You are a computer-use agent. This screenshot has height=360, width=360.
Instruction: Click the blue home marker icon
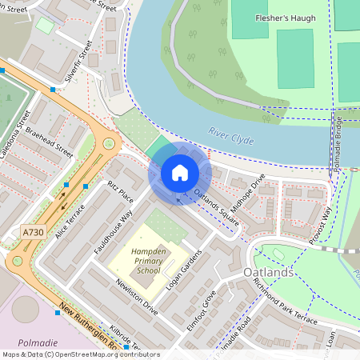[180, 173]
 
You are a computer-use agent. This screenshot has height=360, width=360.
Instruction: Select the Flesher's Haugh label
[284, 18]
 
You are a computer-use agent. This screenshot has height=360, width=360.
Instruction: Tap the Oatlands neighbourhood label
[267, 274]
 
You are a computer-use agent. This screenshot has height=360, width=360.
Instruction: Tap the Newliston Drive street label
[136, 298]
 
